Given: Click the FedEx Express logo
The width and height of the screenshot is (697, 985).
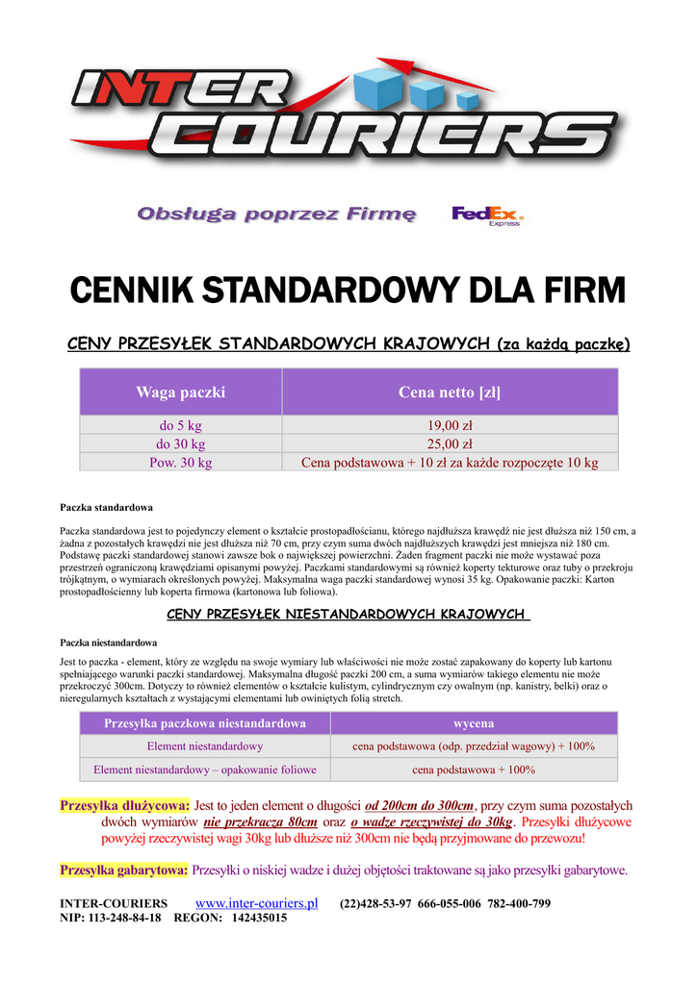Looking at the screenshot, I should click(487, 215).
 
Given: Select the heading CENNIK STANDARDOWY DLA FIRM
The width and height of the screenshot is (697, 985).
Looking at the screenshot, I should click(348, 288).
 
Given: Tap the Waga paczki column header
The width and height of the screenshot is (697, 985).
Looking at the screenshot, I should click(180, 392).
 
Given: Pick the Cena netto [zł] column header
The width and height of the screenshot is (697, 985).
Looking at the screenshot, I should click(450, 392).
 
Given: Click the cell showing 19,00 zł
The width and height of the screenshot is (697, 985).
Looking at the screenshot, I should click(450, 425).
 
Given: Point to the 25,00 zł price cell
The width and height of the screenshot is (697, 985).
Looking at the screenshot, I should click(450, 443).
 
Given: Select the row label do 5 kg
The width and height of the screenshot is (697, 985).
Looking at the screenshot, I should click(180, 425).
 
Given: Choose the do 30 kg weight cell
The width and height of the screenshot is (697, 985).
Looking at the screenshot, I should click(180, 443).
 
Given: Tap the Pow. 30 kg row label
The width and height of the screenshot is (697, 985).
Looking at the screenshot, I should click(180, 462).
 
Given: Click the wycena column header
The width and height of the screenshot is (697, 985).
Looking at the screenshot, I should click(474, 722).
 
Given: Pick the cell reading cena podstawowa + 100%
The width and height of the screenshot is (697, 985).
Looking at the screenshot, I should click(474, 770).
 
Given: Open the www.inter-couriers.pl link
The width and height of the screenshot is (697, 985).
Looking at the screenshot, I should click(257, 903).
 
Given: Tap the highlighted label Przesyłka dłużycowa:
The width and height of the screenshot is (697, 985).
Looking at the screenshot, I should click(124, 805).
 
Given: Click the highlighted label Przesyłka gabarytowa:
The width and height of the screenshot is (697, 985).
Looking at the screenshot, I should click(123, 871).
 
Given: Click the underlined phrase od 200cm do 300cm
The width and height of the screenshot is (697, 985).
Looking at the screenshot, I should click(420, 806).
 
